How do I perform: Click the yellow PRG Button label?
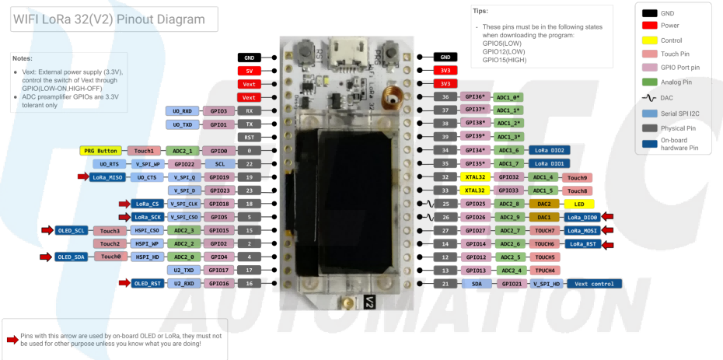tap(102, 150)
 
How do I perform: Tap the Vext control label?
tap(594, 284)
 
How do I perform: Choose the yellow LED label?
tap(579, 203)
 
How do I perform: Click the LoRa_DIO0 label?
tap(582, 217)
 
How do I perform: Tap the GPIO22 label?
tap(184, 163)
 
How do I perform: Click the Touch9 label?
tap(578, 177)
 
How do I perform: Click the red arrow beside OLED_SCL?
tap(47, 230)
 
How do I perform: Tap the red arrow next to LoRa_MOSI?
tap(609, 231)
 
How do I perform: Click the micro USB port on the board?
tap(339, 56)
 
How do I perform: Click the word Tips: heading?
tap(480, 11)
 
